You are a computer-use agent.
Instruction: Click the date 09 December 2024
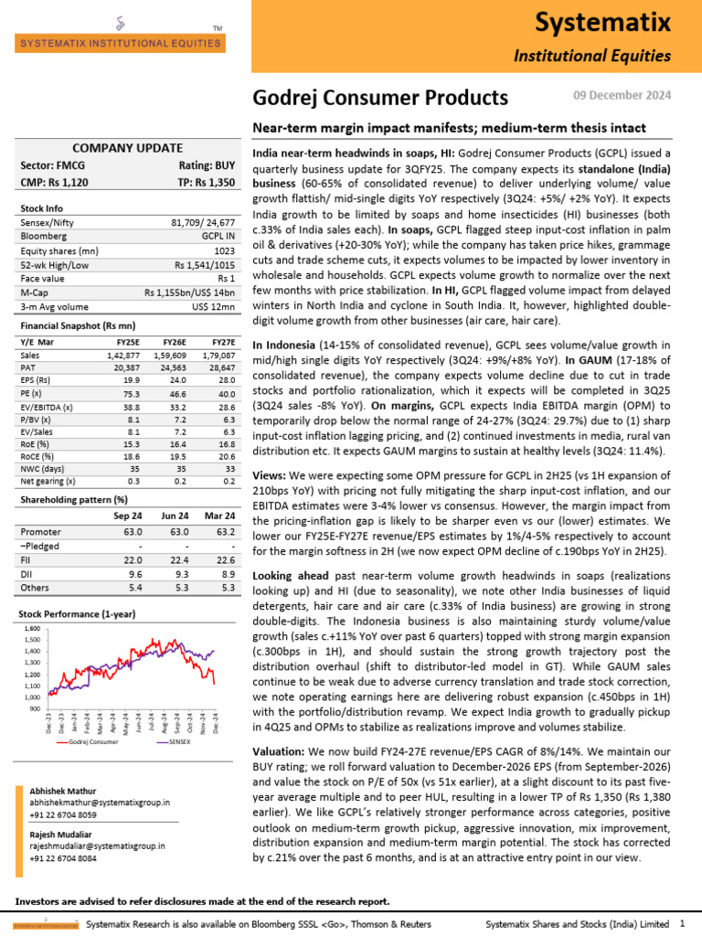(x=622, y=95)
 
